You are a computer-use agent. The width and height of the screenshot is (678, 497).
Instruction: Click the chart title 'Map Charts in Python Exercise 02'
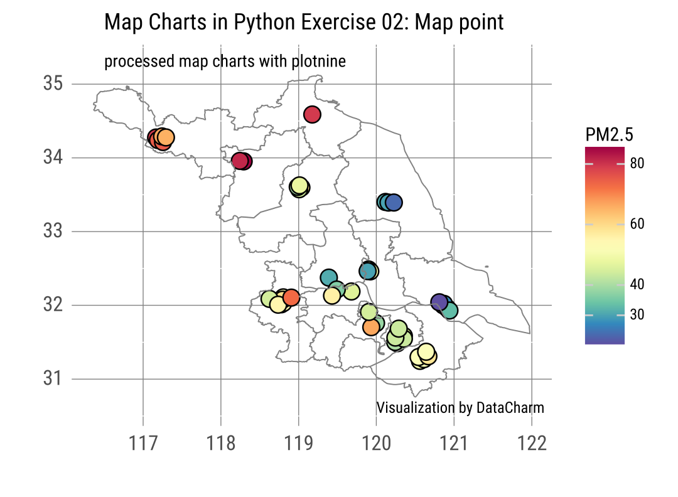(x=304, y=23)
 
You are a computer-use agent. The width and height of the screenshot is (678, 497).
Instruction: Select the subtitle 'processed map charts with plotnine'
(x=225, y=61)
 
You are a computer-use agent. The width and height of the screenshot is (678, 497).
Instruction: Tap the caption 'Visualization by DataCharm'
(x=460, y=408)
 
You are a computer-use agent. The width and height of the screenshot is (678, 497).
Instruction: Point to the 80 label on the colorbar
(x=637, y=164)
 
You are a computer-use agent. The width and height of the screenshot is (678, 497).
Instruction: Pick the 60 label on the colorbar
(x=637, y=224)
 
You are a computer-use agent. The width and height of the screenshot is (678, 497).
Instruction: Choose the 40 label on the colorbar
(x=637, y=284)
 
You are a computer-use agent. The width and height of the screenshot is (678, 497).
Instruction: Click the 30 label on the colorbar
(x=637, y=314)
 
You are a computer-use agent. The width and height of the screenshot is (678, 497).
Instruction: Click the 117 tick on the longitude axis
(x=144, y=444)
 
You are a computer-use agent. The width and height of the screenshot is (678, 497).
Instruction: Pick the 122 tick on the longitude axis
(x=532, y=444)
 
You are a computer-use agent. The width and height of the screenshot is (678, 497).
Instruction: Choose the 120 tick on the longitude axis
(x=376, y=444)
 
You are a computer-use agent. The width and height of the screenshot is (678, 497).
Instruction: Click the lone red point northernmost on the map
(x=313, y=114)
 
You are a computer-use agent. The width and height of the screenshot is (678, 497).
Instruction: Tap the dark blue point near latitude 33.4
(x=394, y=203)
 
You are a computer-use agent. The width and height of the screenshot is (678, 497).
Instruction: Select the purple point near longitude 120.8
(x=439, y=302)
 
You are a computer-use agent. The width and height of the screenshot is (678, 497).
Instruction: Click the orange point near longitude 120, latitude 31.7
(x=371, y=327)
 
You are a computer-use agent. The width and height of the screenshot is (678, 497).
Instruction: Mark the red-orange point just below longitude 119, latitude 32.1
(x=291, y=297)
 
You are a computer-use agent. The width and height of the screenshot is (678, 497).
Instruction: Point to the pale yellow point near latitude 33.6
(x=299, y=186)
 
